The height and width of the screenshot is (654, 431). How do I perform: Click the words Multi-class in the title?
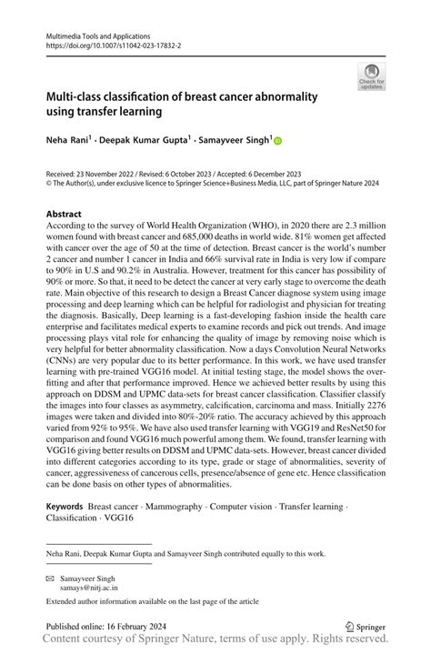point(74,95)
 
